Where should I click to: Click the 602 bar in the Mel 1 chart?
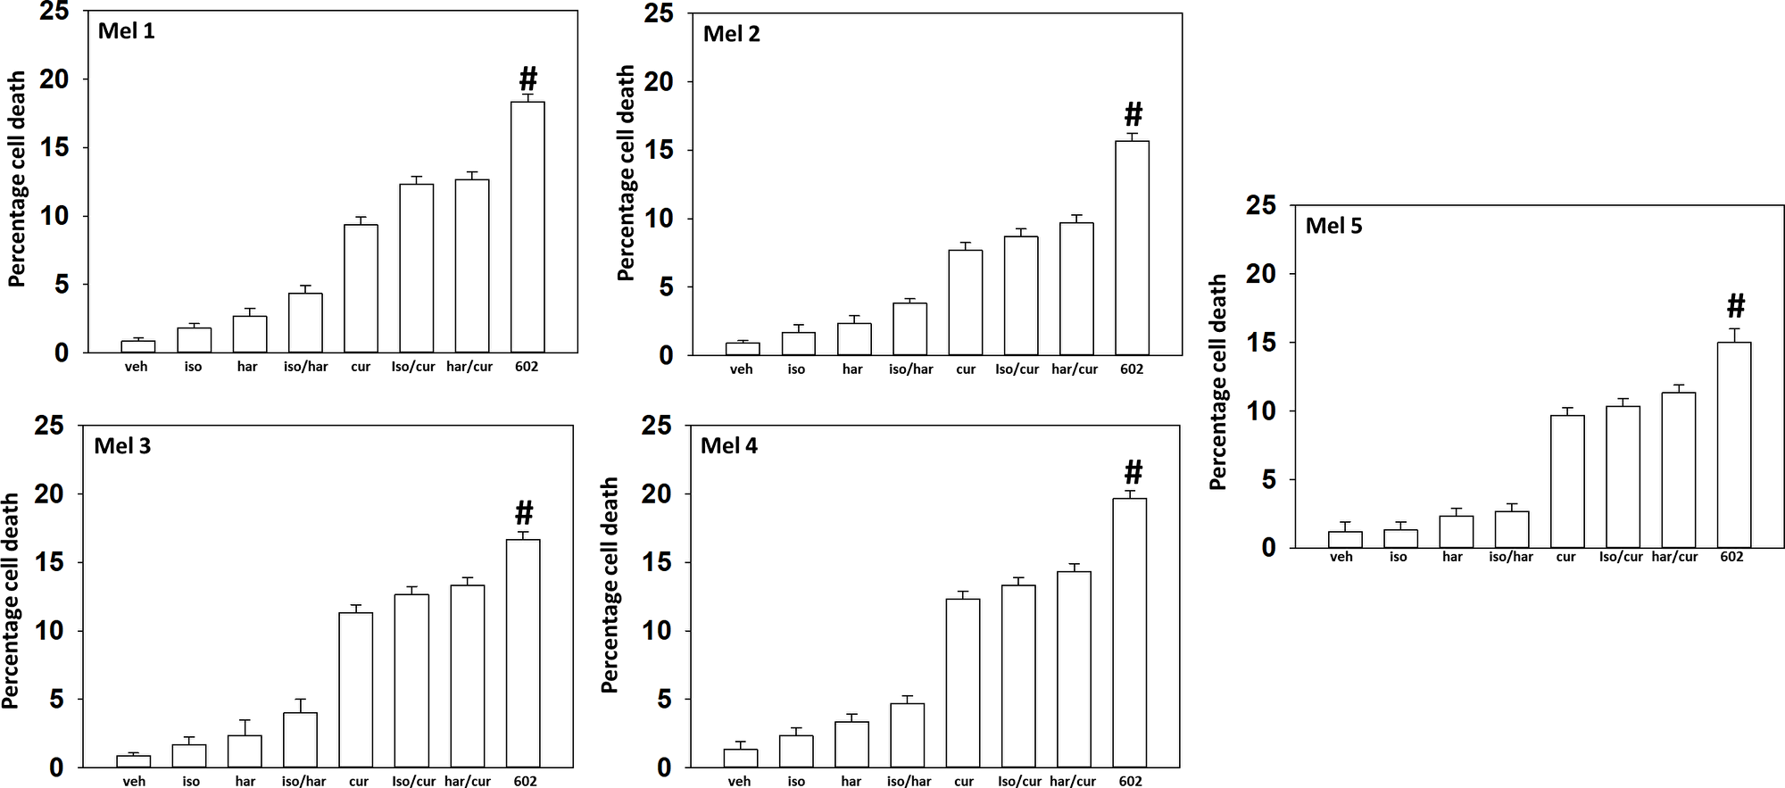[x=527, y=228]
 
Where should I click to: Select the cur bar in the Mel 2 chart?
[x=966, y=303]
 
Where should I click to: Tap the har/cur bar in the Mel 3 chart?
[x=468, y=676]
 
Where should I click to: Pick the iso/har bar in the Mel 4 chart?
[x=908, y=734]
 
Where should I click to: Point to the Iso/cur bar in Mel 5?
[x=1623, y=477]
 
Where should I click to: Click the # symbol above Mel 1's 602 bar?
[x=528, y=79]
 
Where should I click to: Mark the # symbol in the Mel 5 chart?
[x=1735, y=306]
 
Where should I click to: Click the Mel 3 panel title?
[x=122, y=446]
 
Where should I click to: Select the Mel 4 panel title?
[x=728, y=446]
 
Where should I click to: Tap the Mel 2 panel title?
[x=731, y=34]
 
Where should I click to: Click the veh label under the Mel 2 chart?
[x=741, y=369]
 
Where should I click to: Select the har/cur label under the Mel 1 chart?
[x=469, y=367]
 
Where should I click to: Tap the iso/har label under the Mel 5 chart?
[x=1510, y=557]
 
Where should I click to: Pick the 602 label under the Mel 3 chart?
[x=525, y=782]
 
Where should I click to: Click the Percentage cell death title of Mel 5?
[x=1218, y=382]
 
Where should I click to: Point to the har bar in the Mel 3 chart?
[x=245, y=751]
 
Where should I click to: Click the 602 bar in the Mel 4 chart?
[x=1130, y=632]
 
